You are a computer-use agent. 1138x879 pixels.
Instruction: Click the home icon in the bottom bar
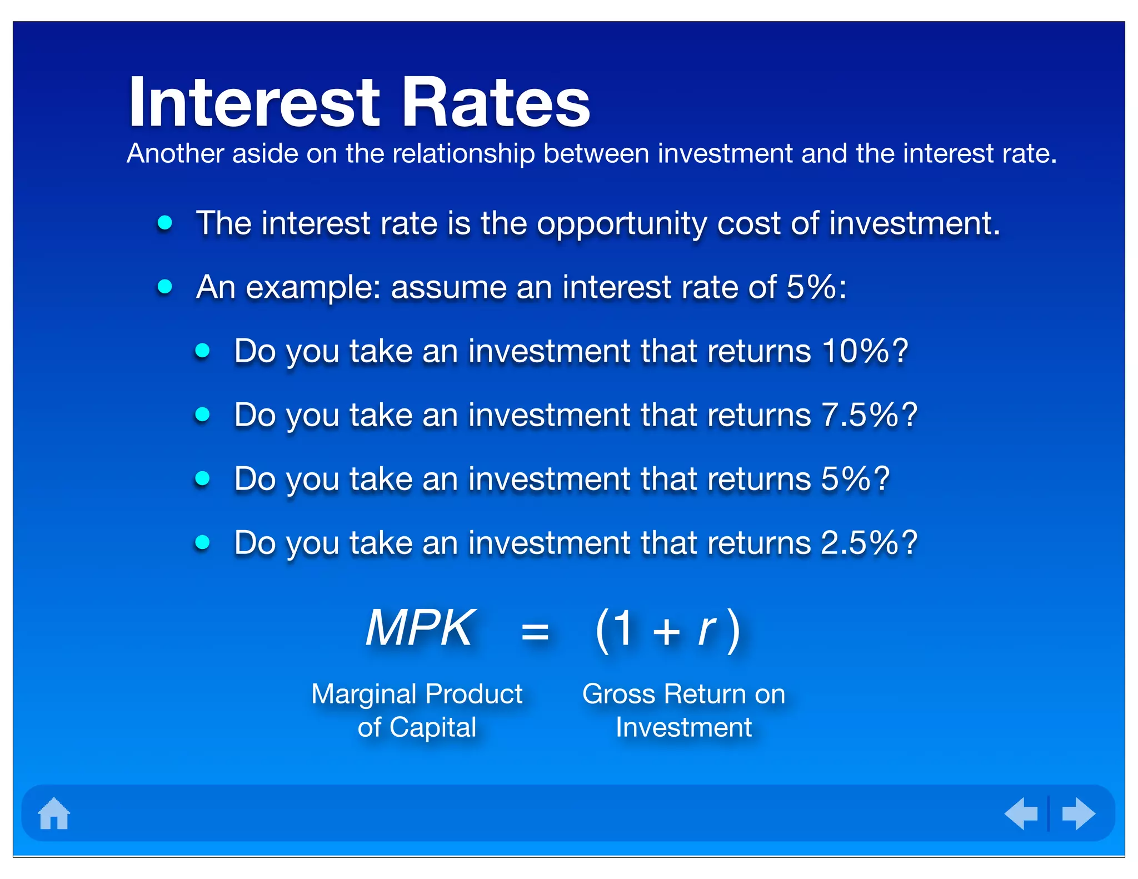[54, 813]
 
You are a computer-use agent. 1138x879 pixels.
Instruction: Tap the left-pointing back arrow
[1021, 813]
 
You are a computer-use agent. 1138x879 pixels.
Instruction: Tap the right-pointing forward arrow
[1078, 813]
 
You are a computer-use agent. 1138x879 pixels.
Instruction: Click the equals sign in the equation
[535, 632]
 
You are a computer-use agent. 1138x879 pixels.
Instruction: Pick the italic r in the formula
[706, 630]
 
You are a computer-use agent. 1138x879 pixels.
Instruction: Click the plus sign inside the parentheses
[666, 632]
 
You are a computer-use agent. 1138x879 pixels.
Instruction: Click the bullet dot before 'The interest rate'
[165, 223]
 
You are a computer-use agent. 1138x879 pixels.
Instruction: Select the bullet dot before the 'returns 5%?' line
[203, 478]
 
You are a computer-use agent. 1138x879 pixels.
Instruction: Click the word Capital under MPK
[433, 727]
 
